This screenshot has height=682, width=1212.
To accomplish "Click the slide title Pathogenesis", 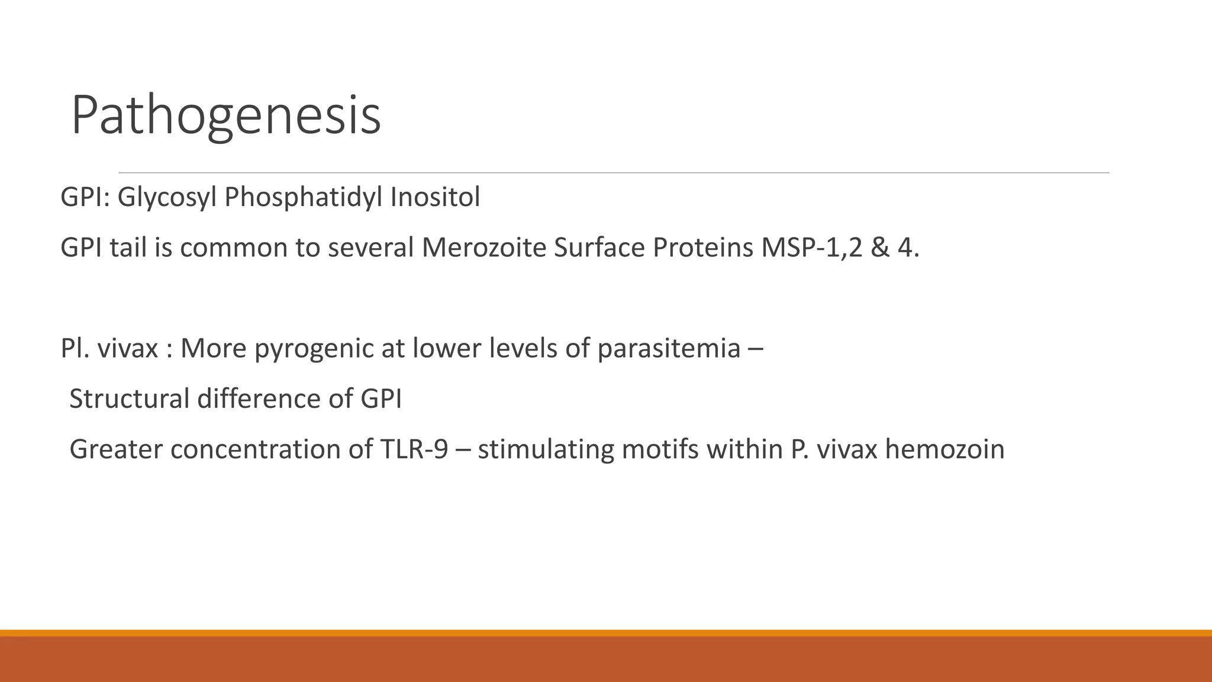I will click(225, 115).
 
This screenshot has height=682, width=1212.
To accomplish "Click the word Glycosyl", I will click(167, 197).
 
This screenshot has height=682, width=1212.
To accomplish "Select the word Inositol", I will click(434, 197).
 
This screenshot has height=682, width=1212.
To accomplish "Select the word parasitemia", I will click(669, 349).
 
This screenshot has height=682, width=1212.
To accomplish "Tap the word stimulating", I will click(545, 449).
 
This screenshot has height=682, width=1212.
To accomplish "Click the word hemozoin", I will click(945, 449).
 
